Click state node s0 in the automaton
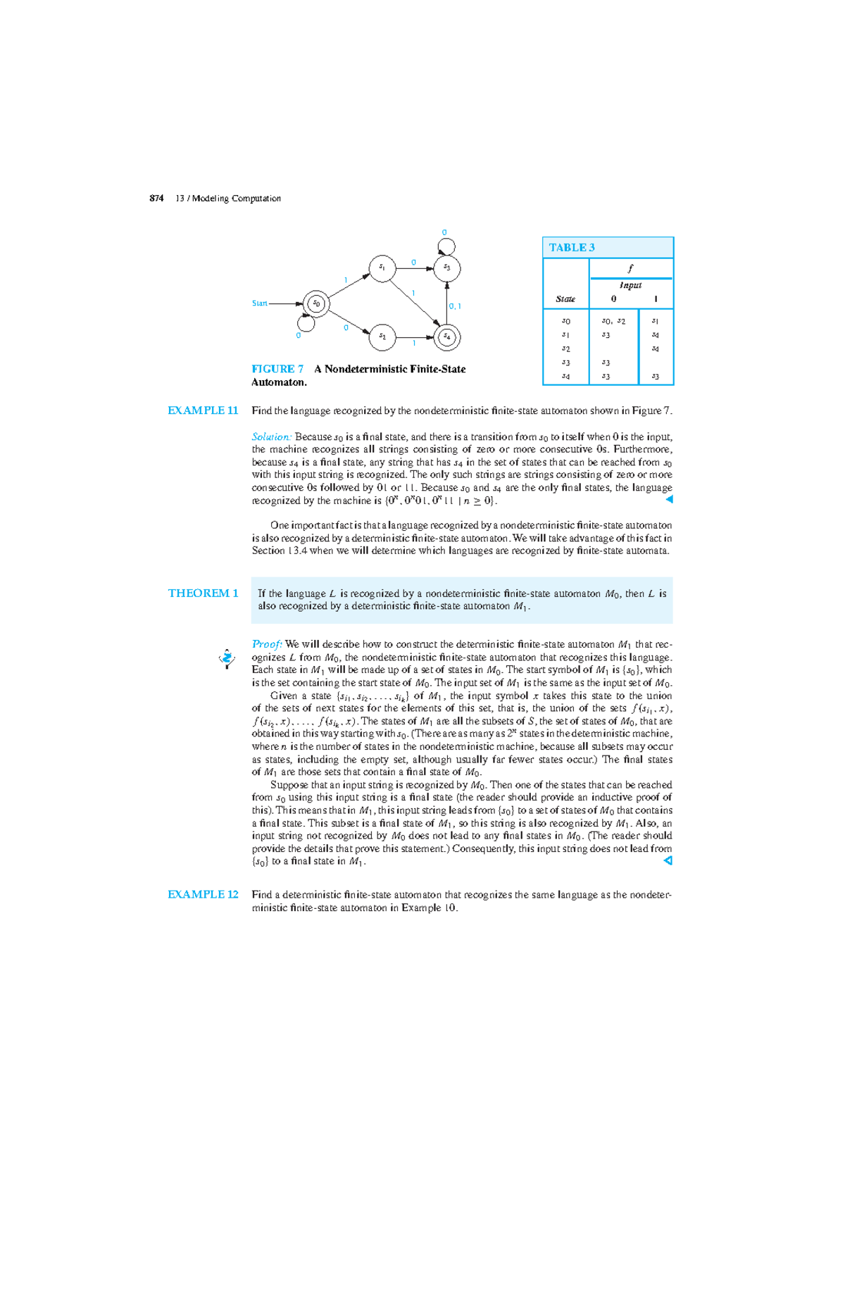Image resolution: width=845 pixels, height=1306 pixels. click(x=316, y=304)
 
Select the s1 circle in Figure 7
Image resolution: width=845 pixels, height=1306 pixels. click(x=382, y=268)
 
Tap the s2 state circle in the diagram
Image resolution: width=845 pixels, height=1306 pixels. click(x=382, y=337)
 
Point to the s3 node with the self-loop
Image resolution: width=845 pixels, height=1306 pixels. click(x=446, y=268)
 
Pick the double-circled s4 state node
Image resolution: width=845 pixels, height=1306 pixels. click(x=446, y=337)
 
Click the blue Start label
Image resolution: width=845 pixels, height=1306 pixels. click(x=259, y=303)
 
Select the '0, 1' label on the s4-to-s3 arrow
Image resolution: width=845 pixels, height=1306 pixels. click(x=455, y=306)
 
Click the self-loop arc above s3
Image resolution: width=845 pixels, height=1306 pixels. click(x=446, y=246)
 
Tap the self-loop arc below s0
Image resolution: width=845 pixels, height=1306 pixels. click(x=306, y=324)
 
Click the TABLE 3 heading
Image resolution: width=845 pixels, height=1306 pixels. click(x=572, y=248)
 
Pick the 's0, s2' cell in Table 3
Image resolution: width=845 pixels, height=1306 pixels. click(x=613, y=321)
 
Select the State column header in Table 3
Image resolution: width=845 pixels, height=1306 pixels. click(x=565, y=299)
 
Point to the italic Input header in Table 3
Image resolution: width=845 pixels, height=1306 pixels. click(x=630, y=285)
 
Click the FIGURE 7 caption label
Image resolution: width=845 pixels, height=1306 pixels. click(x=277, y=369)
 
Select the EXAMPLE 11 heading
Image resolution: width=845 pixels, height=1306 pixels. click(x=203, y=410)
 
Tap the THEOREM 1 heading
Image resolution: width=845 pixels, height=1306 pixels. click(x=203, y=593)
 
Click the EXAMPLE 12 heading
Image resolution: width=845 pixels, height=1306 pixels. click(x=203, y=894)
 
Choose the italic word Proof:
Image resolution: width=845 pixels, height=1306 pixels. click(x=267, y=644)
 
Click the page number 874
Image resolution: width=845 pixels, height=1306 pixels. click(x=156, y=199)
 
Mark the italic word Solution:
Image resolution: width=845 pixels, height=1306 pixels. click(x=271, y=437)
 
